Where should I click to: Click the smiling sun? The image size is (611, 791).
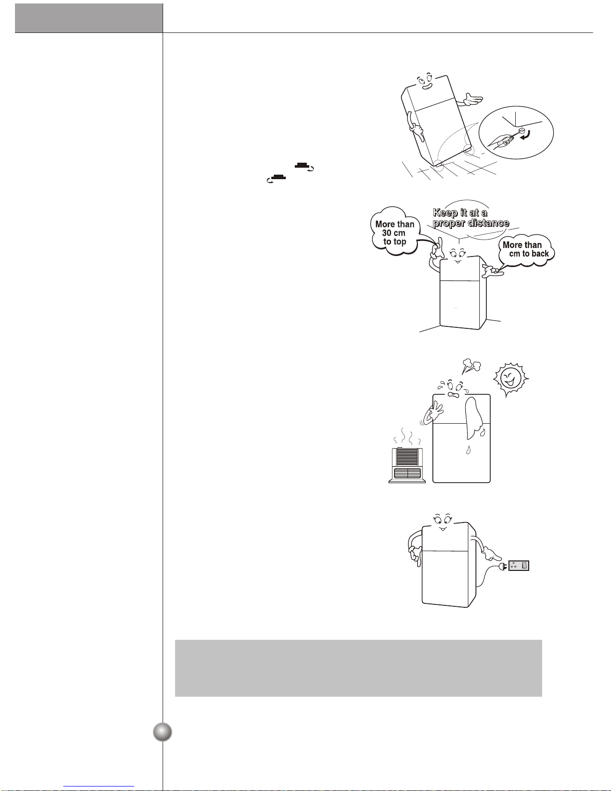click(x=511, y=379)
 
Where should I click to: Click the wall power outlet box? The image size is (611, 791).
click(x=519, y=565)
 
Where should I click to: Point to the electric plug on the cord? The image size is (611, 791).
click(x=503, y=565)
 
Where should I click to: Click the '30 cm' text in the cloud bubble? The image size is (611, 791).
click(x=394, y=233)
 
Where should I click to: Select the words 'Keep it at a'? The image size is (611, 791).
click(x=460, y=213)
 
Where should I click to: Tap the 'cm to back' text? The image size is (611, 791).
click(x=529, y=254)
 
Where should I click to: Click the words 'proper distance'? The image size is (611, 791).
click(x=471, y=223)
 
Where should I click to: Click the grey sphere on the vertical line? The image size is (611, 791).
click(x=163, y=732)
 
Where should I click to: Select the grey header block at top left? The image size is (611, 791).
click(x=89, y=18)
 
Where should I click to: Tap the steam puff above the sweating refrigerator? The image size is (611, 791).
click(x=471, y=365)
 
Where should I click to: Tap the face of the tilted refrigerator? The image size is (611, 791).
click(x=425, y=81)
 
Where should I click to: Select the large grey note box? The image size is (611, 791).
click(x=358, y=668)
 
